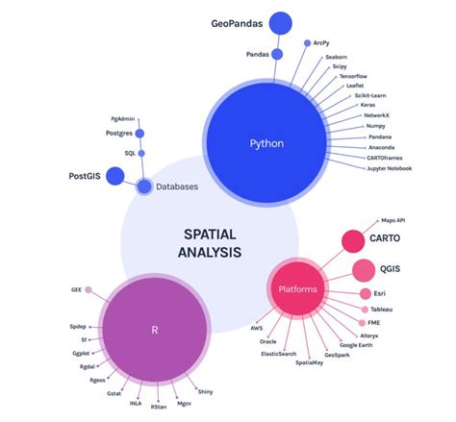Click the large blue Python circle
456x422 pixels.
click(266, 143)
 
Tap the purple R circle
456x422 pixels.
click(155, 329)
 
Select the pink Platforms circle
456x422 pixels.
click(297, 288)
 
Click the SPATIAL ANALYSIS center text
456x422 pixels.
click(209, 242)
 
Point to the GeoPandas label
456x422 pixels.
click(239, 24)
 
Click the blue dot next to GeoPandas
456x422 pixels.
click(281, 22)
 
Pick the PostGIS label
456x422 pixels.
click(85, 176)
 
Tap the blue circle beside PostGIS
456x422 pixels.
click(115, 175)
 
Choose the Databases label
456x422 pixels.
click(177, 186)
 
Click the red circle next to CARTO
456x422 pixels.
click(351, 240)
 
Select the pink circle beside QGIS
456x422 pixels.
click(364, 270)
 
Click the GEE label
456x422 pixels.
click(74, 288)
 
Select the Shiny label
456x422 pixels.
click(206, 391)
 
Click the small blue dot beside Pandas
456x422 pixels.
click(277, 55)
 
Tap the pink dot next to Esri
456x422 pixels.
click(366, 293)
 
